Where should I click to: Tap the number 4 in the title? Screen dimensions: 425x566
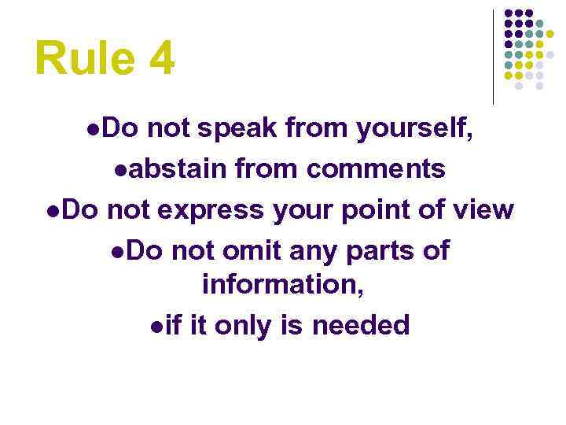pos(160,59)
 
